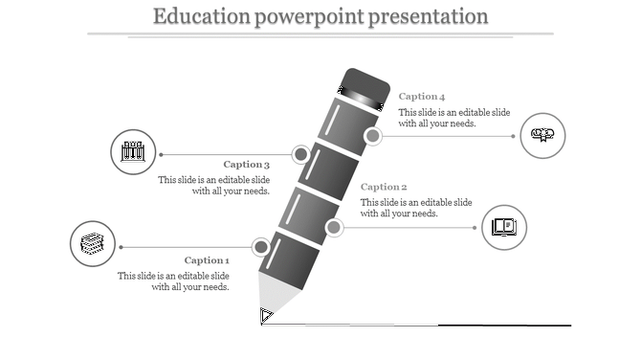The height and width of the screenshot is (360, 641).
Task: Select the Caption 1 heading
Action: pos(207,260)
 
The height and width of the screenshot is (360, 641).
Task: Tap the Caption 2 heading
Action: pos(384,187)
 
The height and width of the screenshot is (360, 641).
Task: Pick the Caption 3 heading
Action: pos(246,165)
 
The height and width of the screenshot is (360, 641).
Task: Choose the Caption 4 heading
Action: pos(422,97)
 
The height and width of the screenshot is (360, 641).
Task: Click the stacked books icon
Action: pos(93,244)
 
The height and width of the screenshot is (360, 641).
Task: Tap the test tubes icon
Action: pos(133,151)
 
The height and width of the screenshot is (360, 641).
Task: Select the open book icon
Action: pos(504,227)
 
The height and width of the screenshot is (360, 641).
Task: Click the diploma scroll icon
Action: pos(542,135)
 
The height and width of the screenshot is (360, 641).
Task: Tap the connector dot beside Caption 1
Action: pos(261,247)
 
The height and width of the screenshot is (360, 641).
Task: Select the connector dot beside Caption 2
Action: pos(334,227)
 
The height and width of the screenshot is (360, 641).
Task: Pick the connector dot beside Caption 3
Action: pos(300,153)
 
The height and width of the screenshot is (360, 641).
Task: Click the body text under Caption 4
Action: pos(437,118)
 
